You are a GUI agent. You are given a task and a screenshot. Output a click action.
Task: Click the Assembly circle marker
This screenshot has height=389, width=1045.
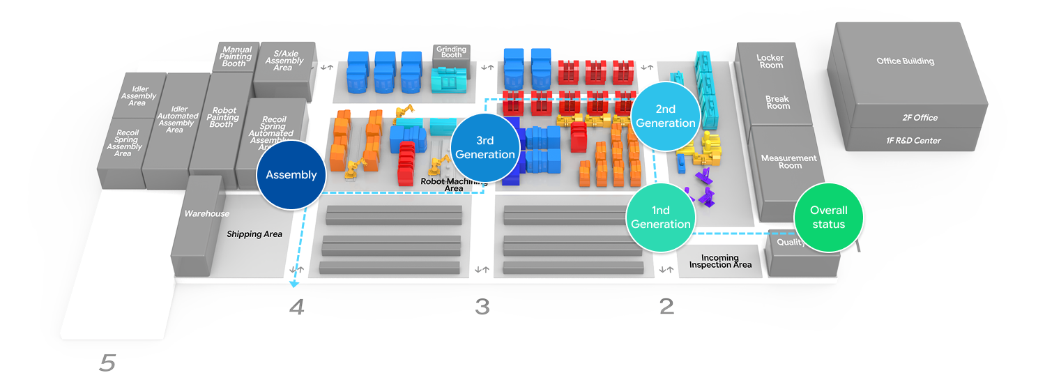(x=291, y=175)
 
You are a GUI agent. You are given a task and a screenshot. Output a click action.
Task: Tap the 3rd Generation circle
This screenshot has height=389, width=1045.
(x=485, y=147)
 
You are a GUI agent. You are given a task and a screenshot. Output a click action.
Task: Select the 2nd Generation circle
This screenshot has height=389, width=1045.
(x=666, y=116)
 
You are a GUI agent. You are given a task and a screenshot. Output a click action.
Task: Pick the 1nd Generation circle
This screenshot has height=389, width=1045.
(x=661, y=217)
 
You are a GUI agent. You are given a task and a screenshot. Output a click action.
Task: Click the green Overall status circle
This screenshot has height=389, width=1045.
(x=828, y=217)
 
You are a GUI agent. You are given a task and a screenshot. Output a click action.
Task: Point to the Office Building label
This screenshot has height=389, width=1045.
(x=905, y=61)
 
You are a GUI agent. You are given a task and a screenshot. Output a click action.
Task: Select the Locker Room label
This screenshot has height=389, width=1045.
(x=770, y=61)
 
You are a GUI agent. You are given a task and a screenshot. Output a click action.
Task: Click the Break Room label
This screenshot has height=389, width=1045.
(x=777, y=102)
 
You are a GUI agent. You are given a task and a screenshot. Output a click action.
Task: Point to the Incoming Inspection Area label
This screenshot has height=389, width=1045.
(x=720, y=261)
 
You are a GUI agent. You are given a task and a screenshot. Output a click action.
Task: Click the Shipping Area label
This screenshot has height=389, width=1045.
(x=254, y=234)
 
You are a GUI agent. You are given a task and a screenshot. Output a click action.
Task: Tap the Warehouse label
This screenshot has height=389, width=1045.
(x=206, y=214)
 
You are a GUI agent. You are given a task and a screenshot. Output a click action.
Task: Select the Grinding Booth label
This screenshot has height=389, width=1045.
(x=451, y=54)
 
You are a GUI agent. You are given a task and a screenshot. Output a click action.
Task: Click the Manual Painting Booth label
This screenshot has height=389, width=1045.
(x=236, y=56)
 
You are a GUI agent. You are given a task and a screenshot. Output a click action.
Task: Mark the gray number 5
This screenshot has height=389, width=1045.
(x=107, y=363)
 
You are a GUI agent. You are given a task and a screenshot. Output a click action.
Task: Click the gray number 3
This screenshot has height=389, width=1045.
(x=482, y=306)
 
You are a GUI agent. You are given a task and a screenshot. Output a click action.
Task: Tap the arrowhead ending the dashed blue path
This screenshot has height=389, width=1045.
(x=295, y=284)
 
